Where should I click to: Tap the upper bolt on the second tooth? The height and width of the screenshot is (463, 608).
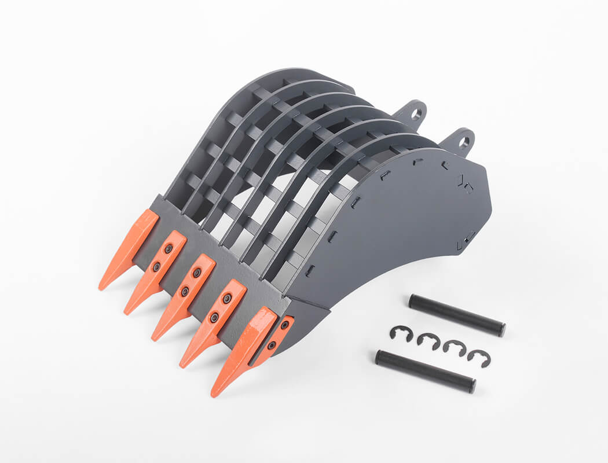[169, 248]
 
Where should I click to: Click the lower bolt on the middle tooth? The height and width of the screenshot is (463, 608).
[185, 292]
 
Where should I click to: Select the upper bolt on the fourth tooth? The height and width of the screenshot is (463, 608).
[228, 298]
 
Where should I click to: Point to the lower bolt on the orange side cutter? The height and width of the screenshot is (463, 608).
[271, 346]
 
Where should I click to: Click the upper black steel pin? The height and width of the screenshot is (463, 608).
[457, 315]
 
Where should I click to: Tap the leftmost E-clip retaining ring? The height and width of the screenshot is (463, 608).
[401, 333]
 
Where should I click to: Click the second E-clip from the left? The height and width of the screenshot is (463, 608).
[428, 341]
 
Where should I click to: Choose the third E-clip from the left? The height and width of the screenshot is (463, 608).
[455, 347]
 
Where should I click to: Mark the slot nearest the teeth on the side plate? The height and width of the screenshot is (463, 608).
[309, 270]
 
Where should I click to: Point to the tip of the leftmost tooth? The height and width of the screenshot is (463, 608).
[101, 287]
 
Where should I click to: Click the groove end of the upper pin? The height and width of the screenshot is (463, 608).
[501, 330]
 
